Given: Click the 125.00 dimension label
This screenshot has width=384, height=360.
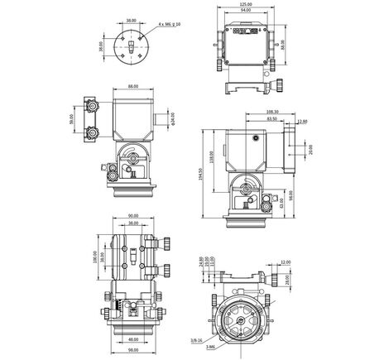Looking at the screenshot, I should (x=245, y=4).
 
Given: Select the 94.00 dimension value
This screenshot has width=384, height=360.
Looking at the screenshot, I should (x=245, y=12).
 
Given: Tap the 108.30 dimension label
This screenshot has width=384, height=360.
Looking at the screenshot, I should (x=272, y=111).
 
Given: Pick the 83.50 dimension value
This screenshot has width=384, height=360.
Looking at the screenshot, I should (x=271, y=119).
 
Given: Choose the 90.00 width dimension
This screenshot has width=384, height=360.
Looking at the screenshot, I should (x=132, y=217).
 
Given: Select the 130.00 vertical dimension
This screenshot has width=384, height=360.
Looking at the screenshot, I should (x=97, y=258).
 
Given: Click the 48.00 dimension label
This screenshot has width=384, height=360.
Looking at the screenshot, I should (x=132, y=339).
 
